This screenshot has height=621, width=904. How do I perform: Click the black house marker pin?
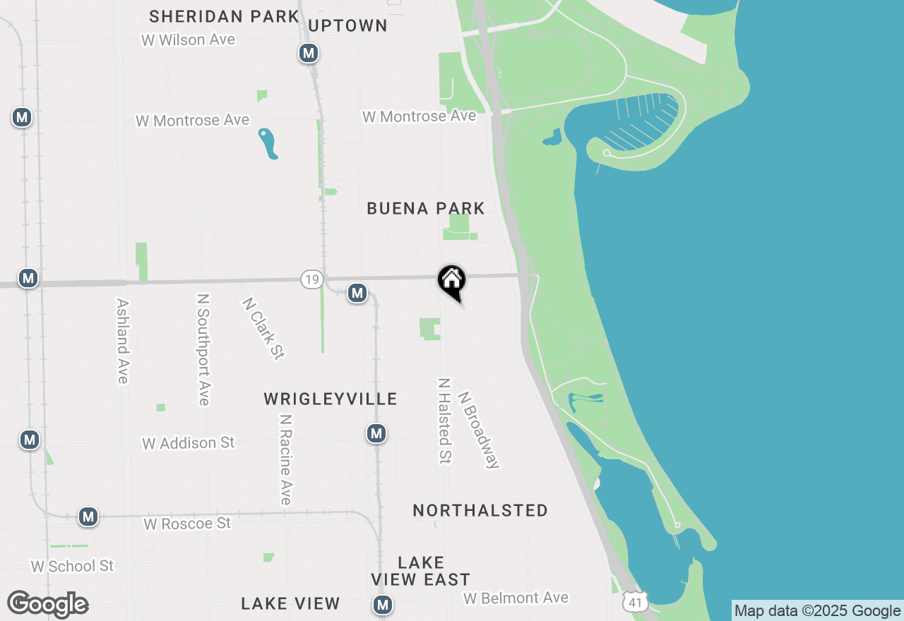[451, 281]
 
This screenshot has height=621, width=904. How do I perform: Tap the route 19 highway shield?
[311, 279]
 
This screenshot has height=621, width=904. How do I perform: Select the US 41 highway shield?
[636, 602]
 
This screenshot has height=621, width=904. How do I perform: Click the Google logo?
[47, 604]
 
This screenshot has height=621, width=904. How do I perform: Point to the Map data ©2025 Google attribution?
[818, 611]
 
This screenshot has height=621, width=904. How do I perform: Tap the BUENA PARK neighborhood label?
[426, 208]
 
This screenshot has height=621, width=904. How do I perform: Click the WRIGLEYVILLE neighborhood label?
[331, 399]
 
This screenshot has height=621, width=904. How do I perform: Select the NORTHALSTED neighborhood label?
[480, 510]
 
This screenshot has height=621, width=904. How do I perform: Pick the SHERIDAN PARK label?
[224, 16]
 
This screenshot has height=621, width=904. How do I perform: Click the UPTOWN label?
[348, 26]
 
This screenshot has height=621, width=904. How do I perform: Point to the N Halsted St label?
[444, 421]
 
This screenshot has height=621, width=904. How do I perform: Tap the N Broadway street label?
[479, 430]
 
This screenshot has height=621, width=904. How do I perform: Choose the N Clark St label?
[263, 328]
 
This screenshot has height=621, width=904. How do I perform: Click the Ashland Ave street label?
[123, 340]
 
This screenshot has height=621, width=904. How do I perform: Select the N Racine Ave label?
[285, 459]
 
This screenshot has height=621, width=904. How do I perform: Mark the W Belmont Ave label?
[516, 598]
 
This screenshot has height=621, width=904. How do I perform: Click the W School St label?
[72, 566]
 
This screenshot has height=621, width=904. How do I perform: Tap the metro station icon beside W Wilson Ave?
[308, 53]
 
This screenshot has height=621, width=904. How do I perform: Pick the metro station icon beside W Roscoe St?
[88, 517]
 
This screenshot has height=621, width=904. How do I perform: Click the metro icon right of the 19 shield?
[357, 293]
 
